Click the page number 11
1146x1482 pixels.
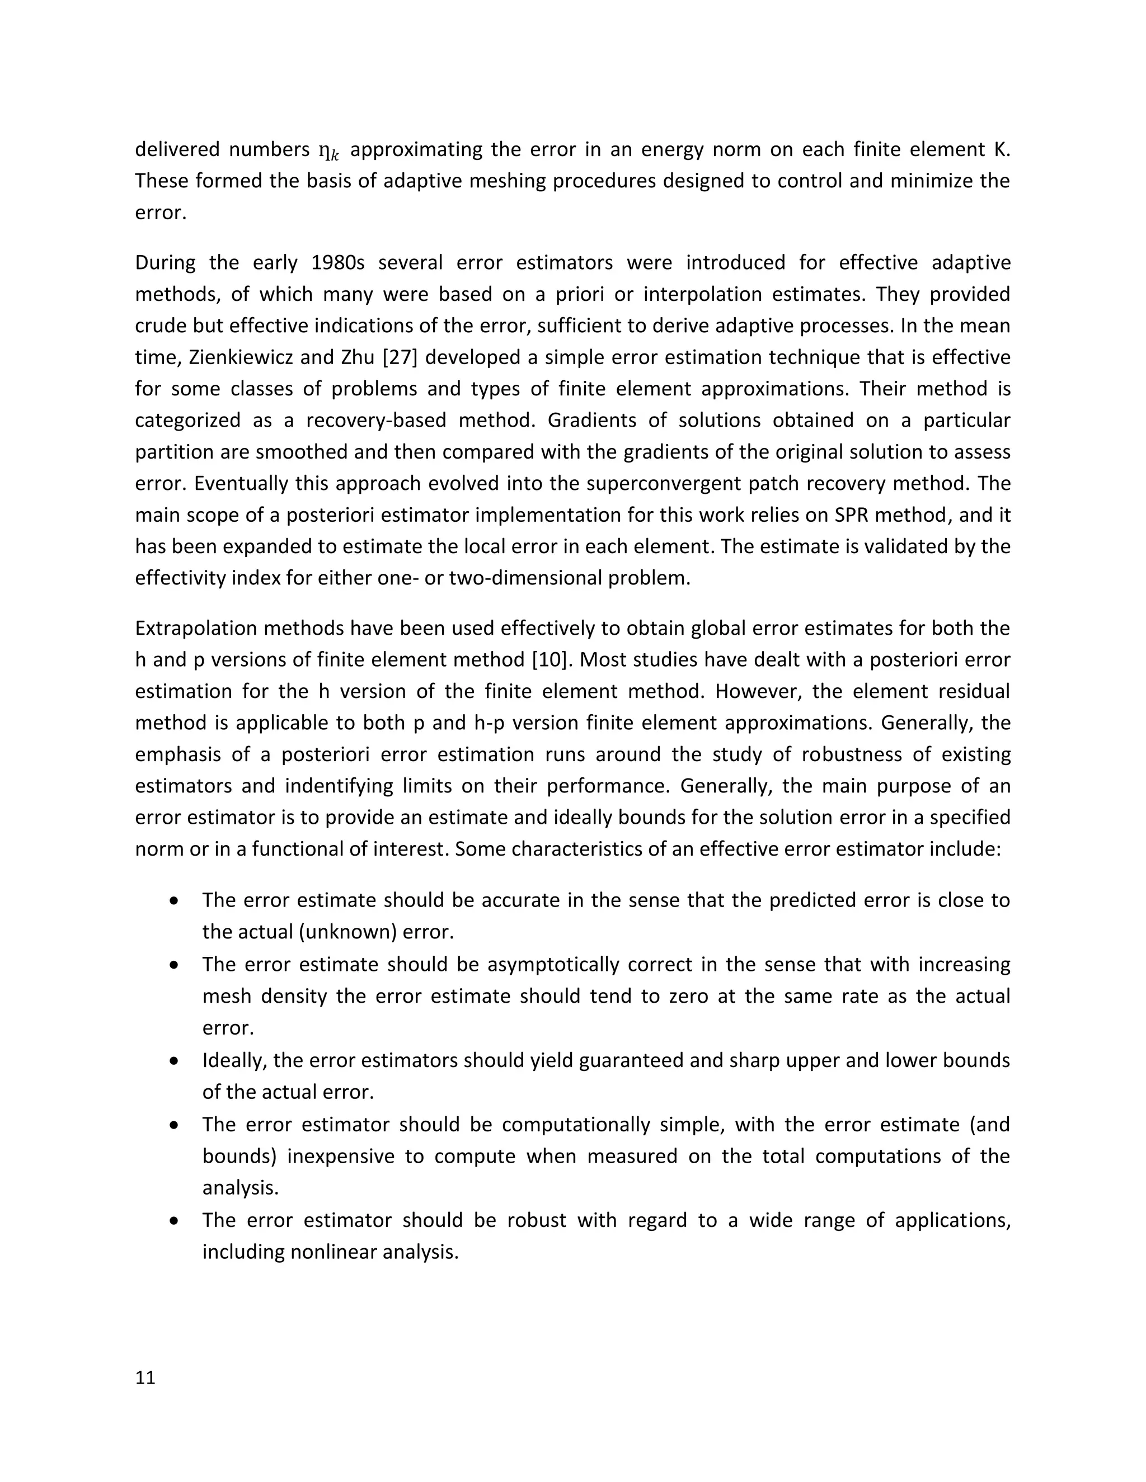pyautogui.click(x=145, y=1377)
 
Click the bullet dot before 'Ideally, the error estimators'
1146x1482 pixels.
pyautogui.click(x=175, y=1060)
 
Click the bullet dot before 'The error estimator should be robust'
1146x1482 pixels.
pyautogui.click(x=175, y=1221)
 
